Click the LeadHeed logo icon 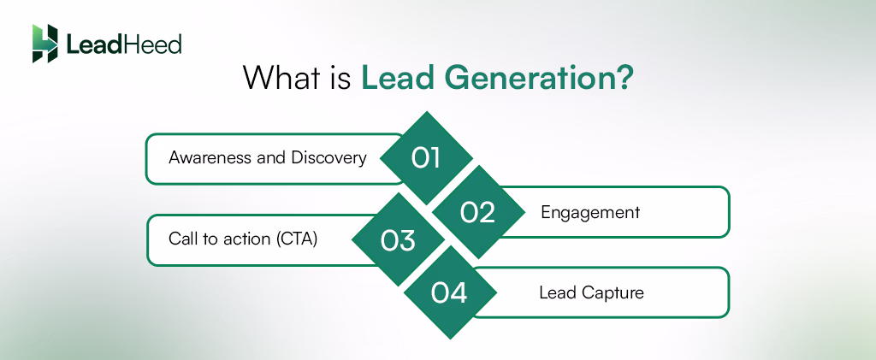click(x=44, y=44)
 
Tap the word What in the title click(x=278, y=78)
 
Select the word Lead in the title click(x=394, y=78)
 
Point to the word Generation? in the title click(x=535, y=78)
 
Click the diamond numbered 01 click(x=425, y=158)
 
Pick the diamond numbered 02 click(x=477, y=211)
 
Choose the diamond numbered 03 click(x=398, y=239)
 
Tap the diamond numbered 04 click(x=449, y=293)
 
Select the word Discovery click(x=329, y=158)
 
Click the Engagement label click(x=590, y=212)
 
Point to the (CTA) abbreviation click(x=297, y=239)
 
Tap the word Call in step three click(x=182, y=239)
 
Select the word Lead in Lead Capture click(x=557, y=292)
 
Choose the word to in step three click(x=210, y=239)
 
